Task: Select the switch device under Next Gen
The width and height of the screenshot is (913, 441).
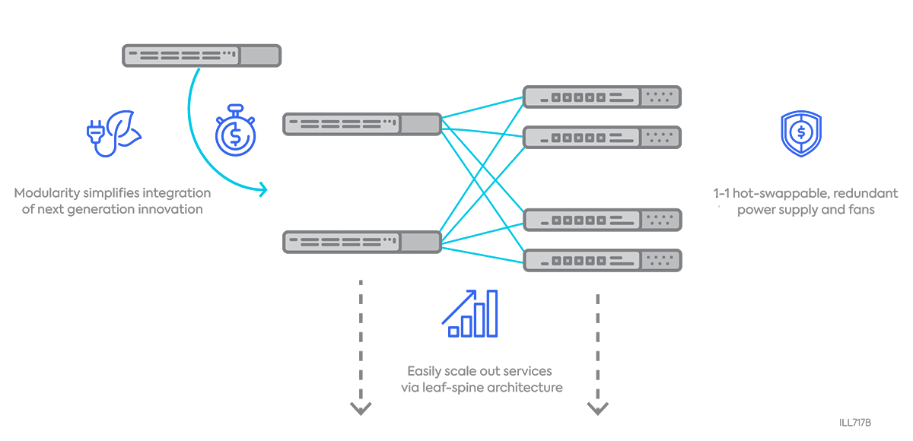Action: click(202, 55)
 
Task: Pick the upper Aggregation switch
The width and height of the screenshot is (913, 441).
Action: click(362, 123)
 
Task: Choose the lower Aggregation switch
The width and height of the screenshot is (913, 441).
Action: click(362, 242)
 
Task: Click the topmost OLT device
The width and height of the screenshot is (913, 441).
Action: click(602, 97)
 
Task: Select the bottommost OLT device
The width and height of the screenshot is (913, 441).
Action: click(602, 260)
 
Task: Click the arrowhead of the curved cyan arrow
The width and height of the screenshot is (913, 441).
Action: click(264, 189)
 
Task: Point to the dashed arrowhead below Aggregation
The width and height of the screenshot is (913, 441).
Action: click(361, 409)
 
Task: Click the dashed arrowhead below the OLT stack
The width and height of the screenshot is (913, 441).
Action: click(598, 409)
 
